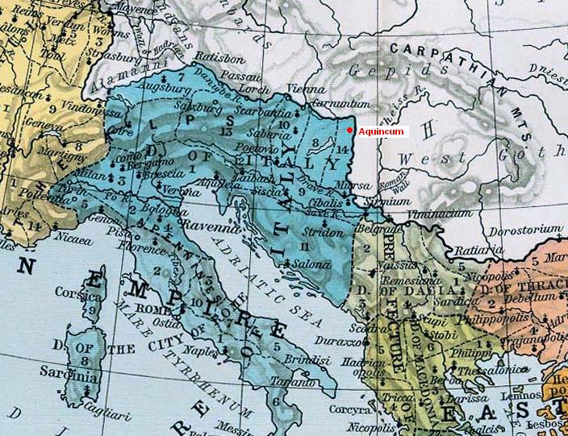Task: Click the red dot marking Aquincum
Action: [349, 131]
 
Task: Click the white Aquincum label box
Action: [382, 131]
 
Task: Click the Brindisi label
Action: [298, 356]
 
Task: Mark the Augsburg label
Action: [162, 84]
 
